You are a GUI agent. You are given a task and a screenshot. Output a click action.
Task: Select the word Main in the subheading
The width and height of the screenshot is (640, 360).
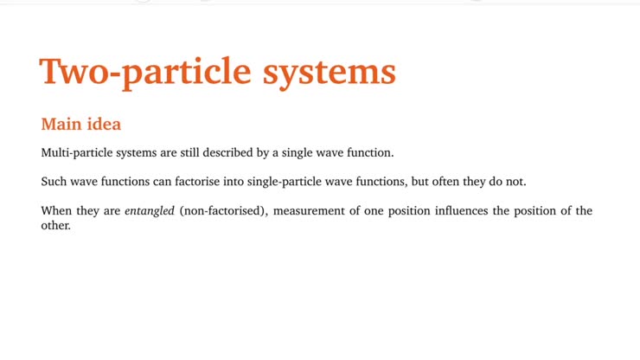click(61, 124)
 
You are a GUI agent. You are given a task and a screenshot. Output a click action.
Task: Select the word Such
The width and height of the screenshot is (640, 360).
click(54, 182)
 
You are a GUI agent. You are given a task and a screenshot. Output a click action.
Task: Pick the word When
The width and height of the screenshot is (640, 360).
click(57, 211)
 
